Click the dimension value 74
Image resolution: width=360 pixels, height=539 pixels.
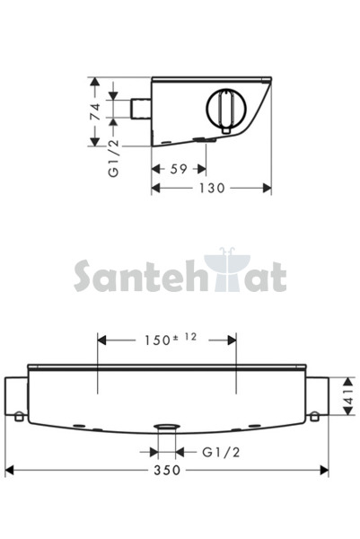click(95, 111)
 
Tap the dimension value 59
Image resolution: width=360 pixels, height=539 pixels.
click(179, 169)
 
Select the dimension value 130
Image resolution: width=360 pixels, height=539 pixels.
click(212, 188)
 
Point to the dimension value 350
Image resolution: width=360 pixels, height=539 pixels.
click(167, 470)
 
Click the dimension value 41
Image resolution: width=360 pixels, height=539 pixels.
click(348, 396)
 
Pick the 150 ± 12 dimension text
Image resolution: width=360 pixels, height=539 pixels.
click(171, 340)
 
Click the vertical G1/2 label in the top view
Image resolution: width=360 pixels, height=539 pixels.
click(114, 158)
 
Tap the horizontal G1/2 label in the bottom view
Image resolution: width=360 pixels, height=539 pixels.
click(221, 452)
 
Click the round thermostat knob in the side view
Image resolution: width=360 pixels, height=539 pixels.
click(226, 108)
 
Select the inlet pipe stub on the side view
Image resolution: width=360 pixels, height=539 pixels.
click(141, 109)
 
